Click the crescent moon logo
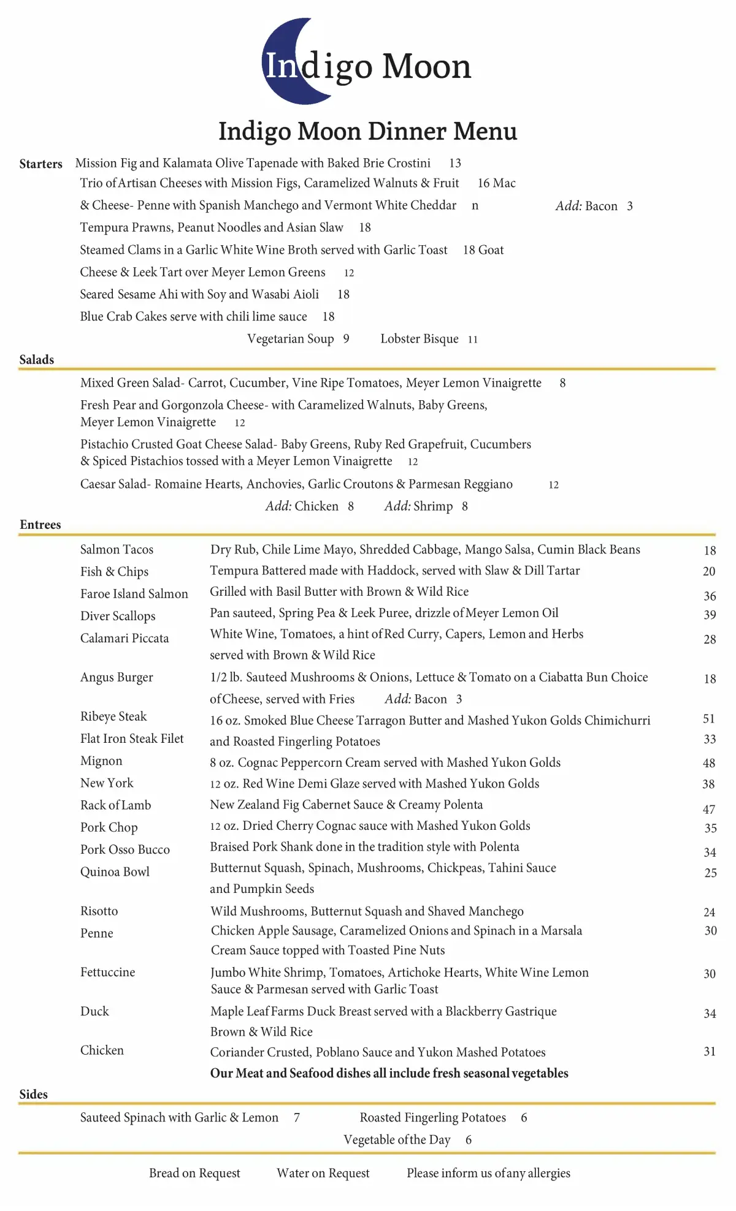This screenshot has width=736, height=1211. pos(288,61)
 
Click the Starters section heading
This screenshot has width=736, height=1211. pos(40,164)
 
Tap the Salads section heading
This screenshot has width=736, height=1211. pos(37,360)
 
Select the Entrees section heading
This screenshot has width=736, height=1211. pos(40,525)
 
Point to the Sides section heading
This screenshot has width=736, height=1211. pos(34,1094)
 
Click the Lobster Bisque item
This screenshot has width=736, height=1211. pos(420,339)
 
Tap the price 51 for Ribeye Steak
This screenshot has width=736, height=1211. pos(709,719)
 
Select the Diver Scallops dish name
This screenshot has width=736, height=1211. pos(118,616)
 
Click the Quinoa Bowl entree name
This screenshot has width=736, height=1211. pos(115,871)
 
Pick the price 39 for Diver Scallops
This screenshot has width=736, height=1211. pos(710,615)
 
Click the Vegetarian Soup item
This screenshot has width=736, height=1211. pos(291,339)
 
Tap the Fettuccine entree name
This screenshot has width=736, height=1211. pos(108,972)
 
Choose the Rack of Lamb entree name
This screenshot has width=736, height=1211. pos(115,805)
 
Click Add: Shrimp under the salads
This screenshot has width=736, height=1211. pos(419,506)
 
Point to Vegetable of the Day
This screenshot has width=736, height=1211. pos(397,1139)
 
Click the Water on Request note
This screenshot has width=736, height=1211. pos(323,1173)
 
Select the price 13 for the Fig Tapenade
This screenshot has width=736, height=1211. pos(455,164)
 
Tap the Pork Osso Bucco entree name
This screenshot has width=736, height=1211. pos(125,849)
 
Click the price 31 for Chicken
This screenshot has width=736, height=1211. pos(710,1052)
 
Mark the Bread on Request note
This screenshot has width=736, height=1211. pos(194,1173)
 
